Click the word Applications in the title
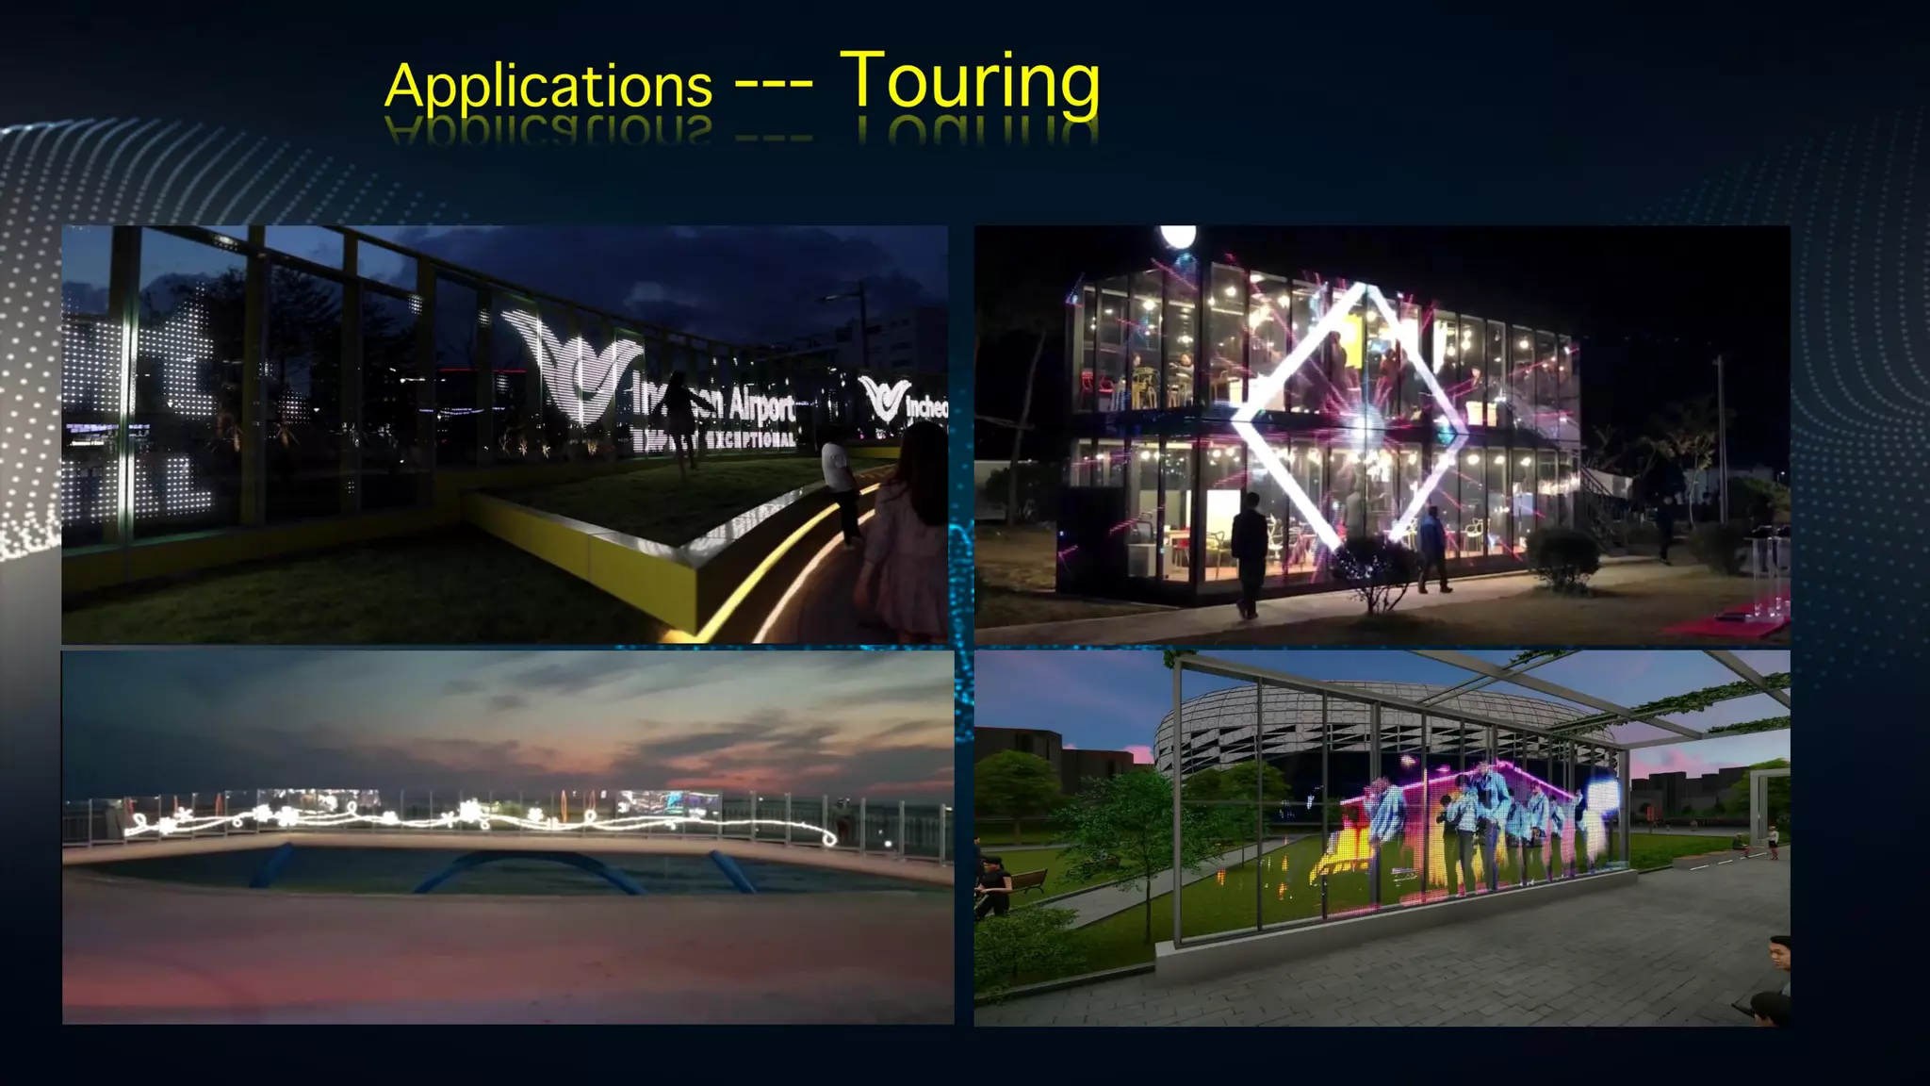[548, 87]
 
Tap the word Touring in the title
[969, 83]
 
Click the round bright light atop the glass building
[1177, 236]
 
